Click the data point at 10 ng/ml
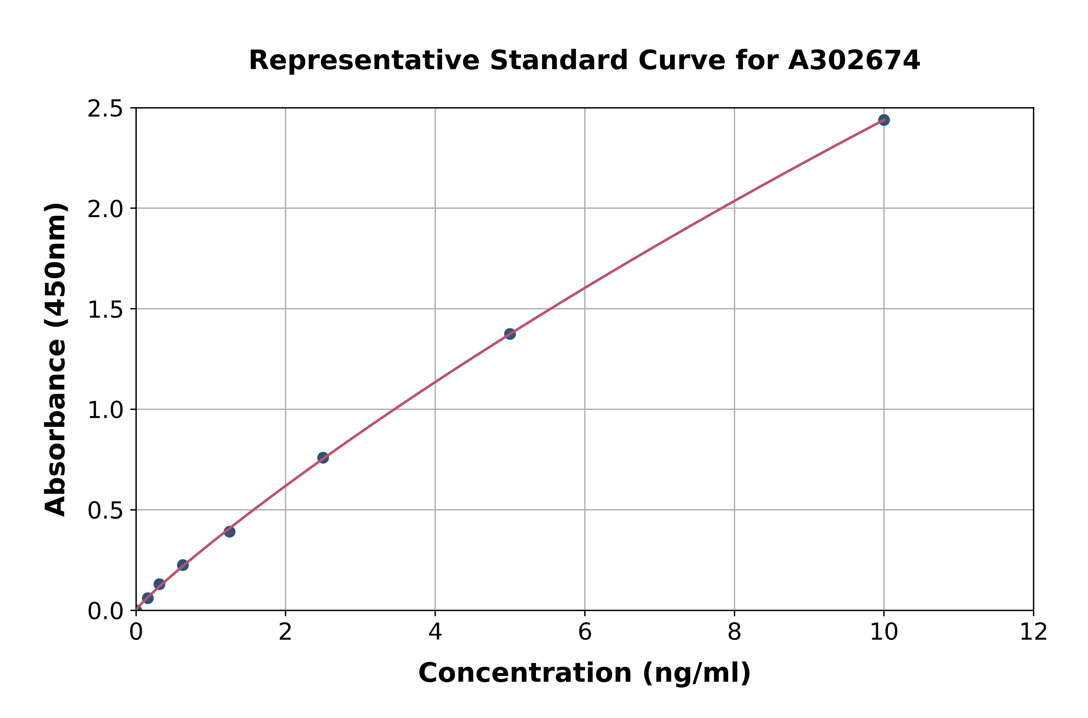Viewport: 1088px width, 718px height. [x=884, y=120]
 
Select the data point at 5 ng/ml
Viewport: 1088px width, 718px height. [x=510, y=334]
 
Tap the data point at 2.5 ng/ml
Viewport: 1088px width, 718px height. [x=323, y=457]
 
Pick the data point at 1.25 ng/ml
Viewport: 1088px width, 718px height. [x=229, y=532]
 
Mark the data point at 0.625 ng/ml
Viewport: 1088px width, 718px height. [x=183, y=565]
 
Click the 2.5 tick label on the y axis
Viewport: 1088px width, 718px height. [x=105, y=109]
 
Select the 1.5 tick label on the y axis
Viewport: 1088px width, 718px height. [x=105, y=309]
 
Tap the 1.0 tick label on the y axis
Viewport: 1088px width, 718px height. [x=105, y=410]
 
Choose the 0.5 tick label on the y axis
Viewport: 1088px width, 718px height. [x=105, y=510]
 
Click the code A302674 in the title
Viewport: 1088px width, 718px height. [x=854, y=60]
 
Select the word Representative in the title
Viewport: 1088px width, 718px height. [x=364, y=60]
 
